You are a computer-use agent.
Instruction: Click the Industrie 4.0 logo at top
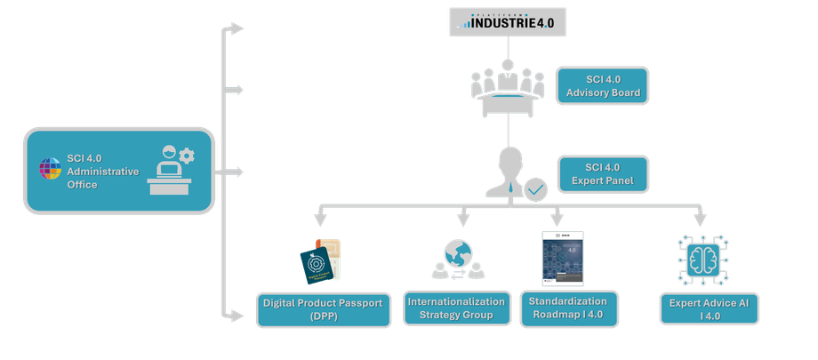[x=506, y=21]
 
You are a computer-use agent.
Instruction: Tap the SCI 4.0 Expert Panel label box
[x=602, y=174]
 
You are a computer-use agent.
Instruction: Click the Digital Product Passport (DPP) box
[x=323, y=308]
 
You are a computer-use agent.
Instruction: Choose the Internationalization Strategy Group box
[x=456, y=308]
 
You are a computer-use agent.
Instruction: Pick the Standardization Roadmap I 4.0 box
[x=567, y=308]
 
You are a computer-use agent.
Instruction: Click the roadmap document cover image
[x=563, y=258]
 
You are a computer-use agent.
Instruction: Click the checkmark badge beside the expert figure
[x=535, y=189]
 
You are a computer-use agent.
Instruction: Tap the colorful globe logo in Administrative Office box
[x=50, y=170]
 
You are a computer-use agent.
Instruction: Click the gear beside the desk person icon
[x=186, y=156]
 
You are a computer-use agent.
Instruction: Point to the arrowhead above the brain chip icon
[x=699, y=219]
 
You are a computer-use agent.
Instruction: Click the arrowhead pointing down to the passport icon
[x=319, y=219]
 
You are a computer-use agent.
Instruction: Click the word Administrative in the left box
[x=103, y=171]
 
